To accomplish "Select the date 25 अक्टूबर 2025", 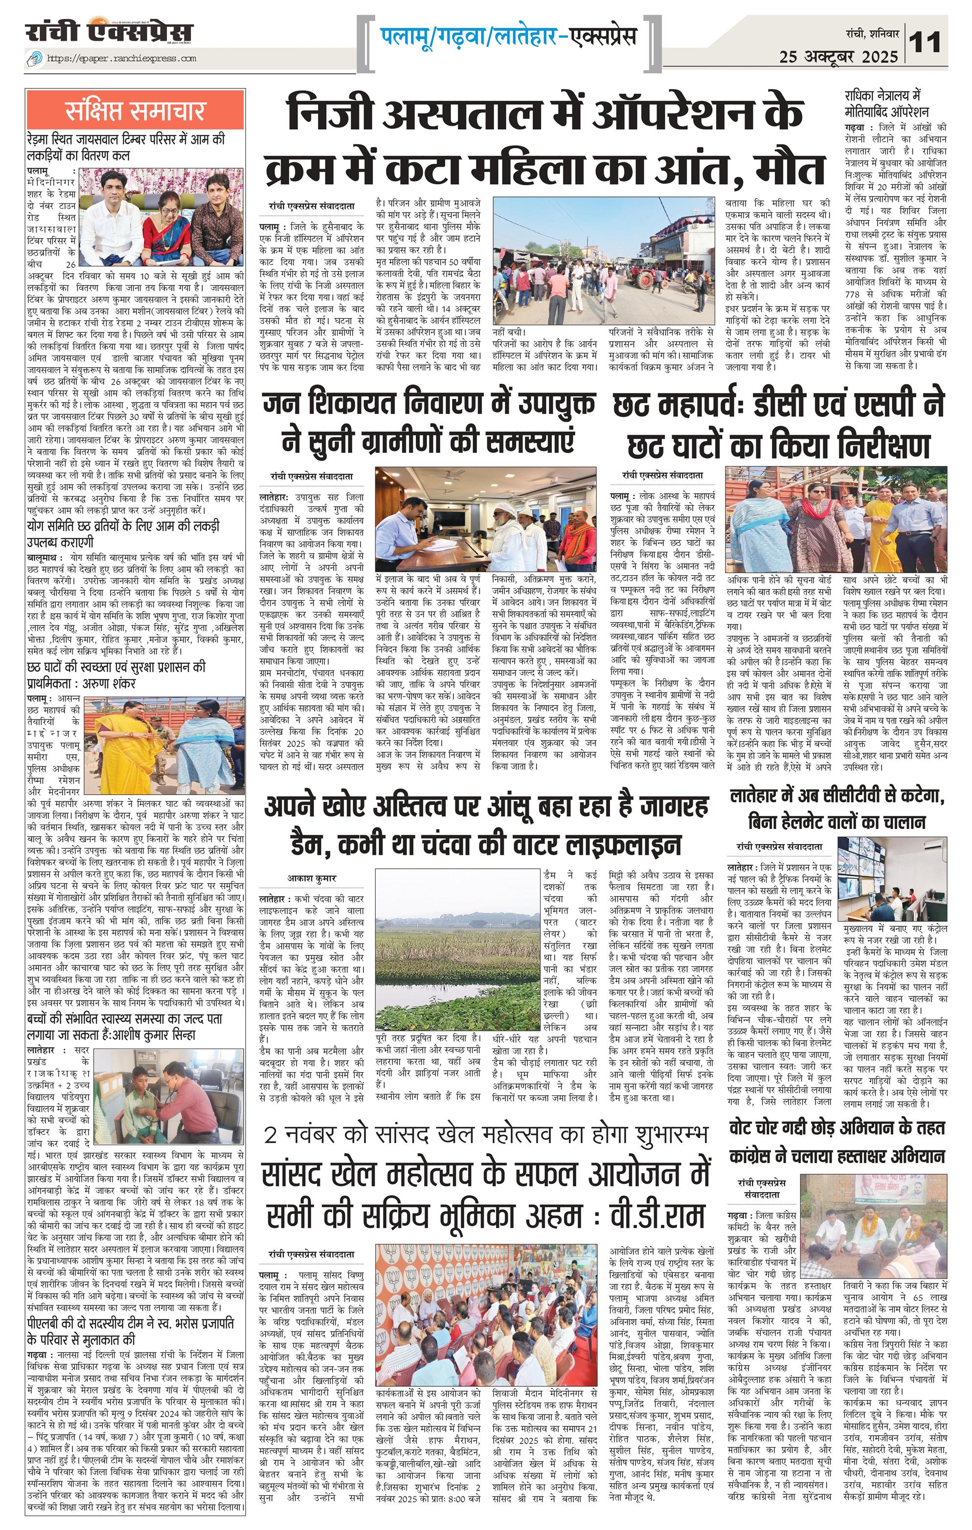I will click(x=838, y=57).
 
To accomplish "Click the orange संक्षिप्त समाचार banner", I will click(x=136, y=110).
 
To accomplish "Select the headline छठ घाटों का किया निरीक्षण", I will click(x=778, y=445).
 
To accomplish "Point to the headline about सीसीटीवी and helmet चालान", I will click(x=837, y=808).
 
